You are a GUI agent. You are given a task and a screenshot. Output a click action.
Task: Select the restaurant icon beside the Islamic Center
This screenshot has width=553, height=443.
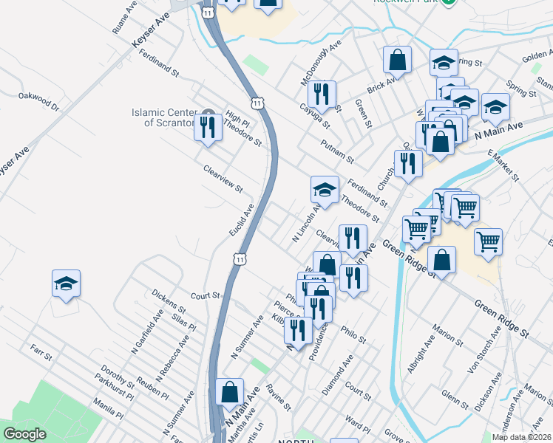coord(208,128)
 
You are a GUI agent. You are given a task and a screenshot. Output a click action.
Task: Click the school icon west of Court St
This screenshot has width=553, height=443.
coord(66,284)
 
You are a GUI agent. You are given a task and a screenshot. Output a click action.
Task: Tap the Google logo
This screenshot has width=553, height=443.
coord(24,434)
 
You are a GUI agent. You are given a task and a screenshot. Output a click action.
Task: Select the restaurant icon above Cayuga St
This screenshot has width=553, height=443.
coord(322,94)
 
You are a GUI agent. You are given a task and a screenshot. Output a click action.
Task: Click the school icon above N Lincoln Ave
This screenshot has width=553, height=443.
coord(324,190)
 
